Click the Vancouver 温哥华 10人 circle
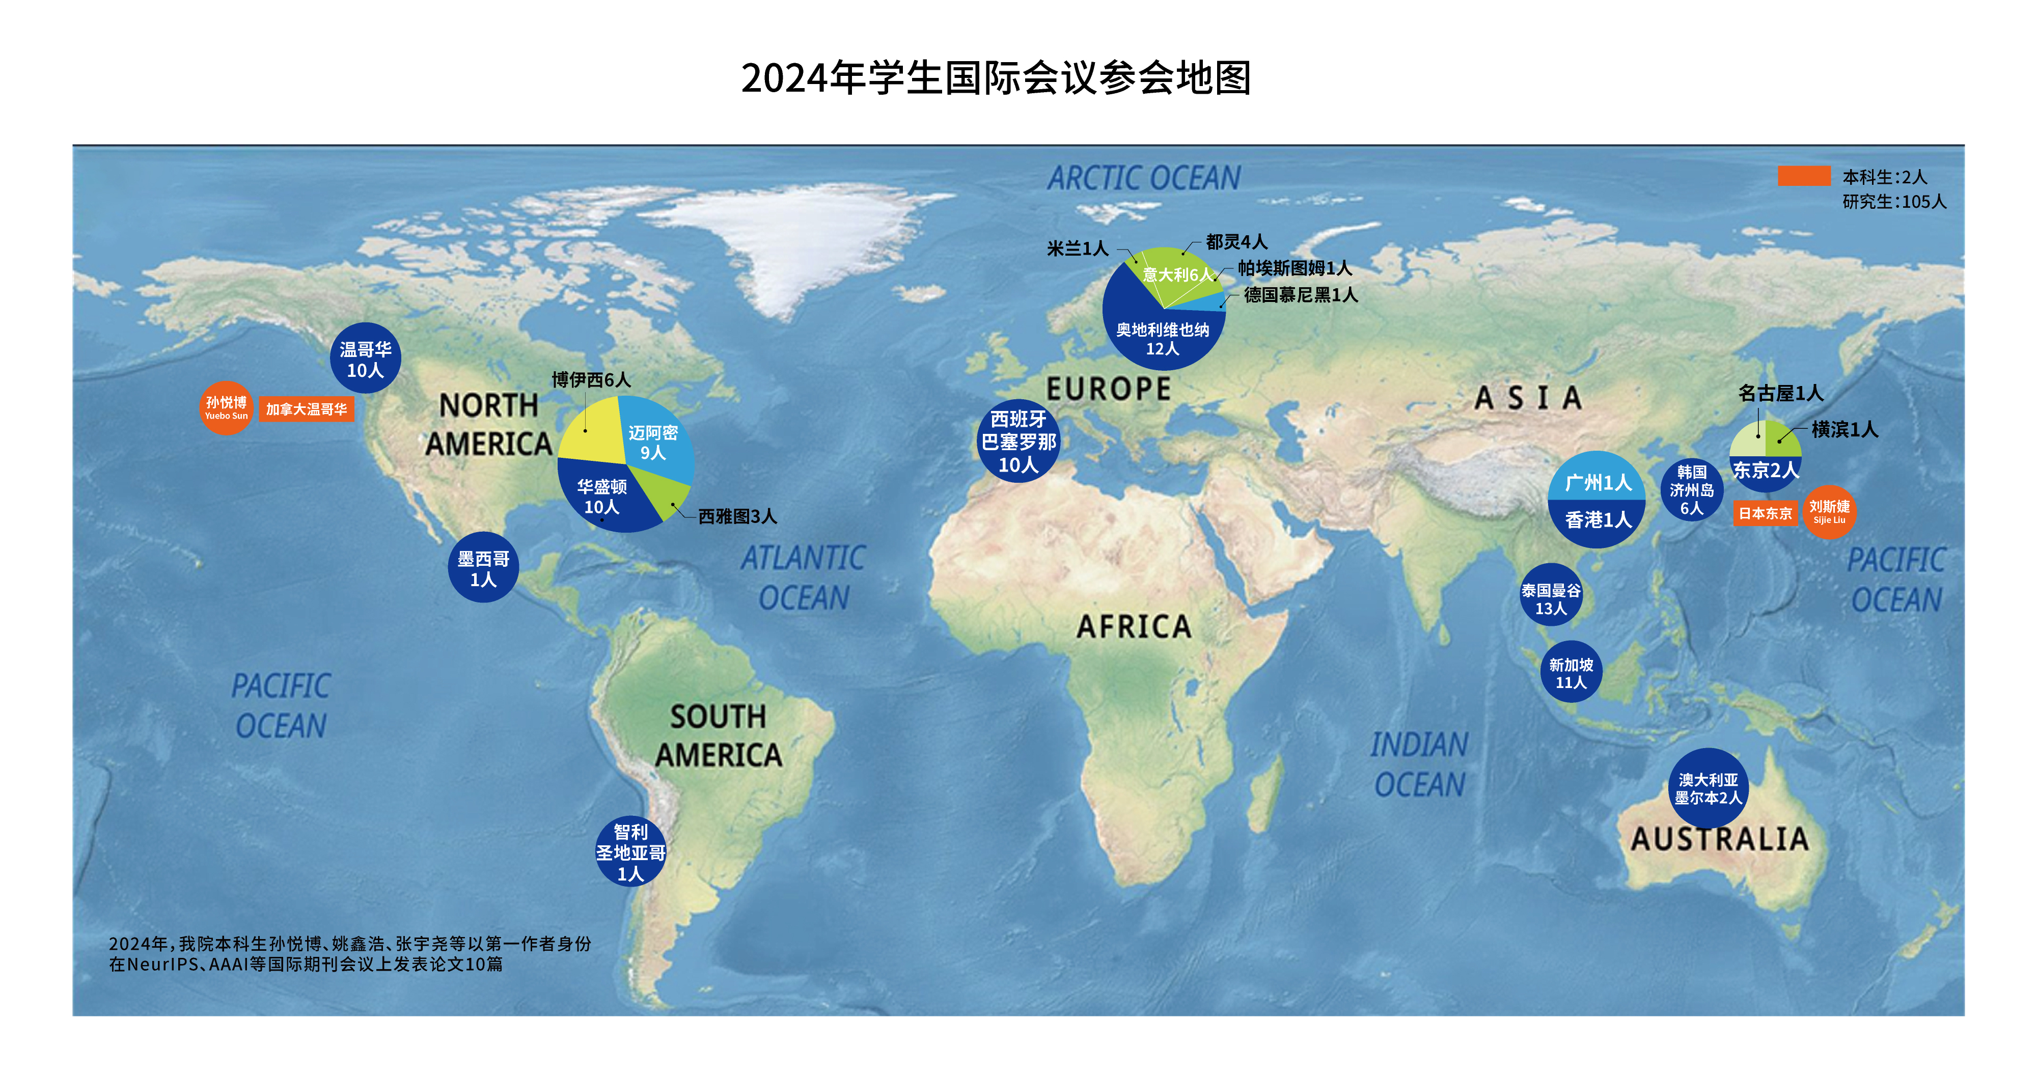(365, 359)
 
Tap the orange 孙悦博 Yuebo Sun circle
(226, 408)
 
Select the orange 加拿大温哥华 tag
(306, 409)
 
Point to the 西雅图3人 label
(737, 516)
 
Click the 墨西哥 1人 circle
(483, 568)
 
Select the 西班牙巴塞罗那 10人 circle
(1018, 442)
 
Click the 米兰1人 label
(1077, 249)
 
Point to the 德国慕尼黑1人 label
(1301, 295)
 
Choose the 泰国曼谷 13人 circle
(1551, 595)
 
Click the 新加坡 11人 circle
(1571, 672)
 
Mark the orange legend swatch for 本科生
(1804, 176)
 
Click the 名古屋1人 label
(1780, 393)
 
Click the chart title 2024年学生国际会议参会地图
(996, 78)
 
